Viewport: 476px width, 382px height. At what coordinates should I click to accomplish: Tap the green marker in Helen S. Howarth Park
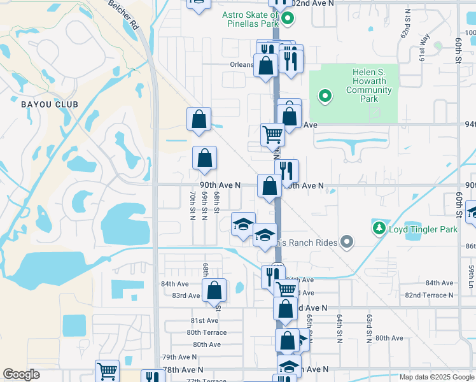coord(325,97)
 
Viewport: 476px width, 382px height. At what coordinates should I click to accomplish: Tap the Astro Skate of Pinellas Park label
coord(249,19)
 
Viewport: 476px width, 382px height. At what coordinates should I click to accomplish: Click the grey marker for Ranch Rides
coord(346,241)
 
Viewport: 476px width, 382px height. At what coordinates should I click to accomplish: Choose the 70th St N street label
coord(192,204)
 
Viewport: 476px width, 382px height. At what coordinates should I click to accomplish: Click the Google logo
coord(21,374)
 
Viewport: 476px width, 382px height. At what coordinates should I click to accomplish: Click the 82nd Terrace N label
coord(430,295)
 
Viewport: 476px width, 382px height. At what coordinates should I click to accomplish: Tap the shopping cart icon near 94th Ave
coord(272,135)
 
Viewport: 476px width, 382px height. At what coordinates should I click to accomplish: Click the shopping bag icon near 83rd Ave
coord(214,290)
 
